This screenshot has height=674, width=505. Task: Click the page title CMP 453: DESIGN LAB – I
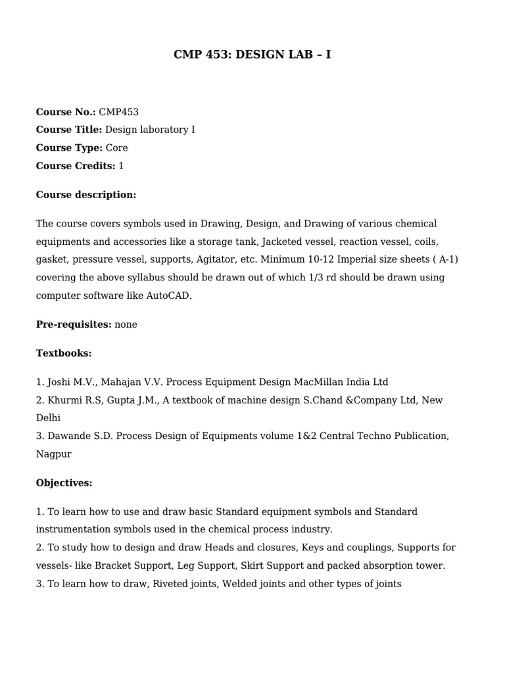252,55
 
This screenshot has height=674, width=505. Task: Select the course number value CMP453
118,112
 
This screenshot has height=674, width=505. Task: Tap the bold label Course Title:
69,130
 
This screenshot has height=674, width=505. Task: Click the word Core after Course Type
116,148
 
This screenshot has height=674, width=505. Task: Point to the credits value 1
121,166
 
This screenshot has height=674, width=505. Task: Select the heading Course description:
86,195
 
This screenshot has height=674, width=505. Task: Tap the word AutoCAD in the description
170,296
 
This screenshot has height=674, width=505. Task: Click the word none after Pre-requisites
126,324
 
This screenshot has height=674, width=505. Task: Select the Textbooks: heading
64,353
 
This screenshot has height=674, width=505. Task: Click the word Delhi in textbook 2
48,418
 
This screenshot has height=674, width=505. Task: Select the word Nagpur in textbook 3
54,454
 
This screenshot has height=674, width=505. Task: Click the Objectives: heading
64,483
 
